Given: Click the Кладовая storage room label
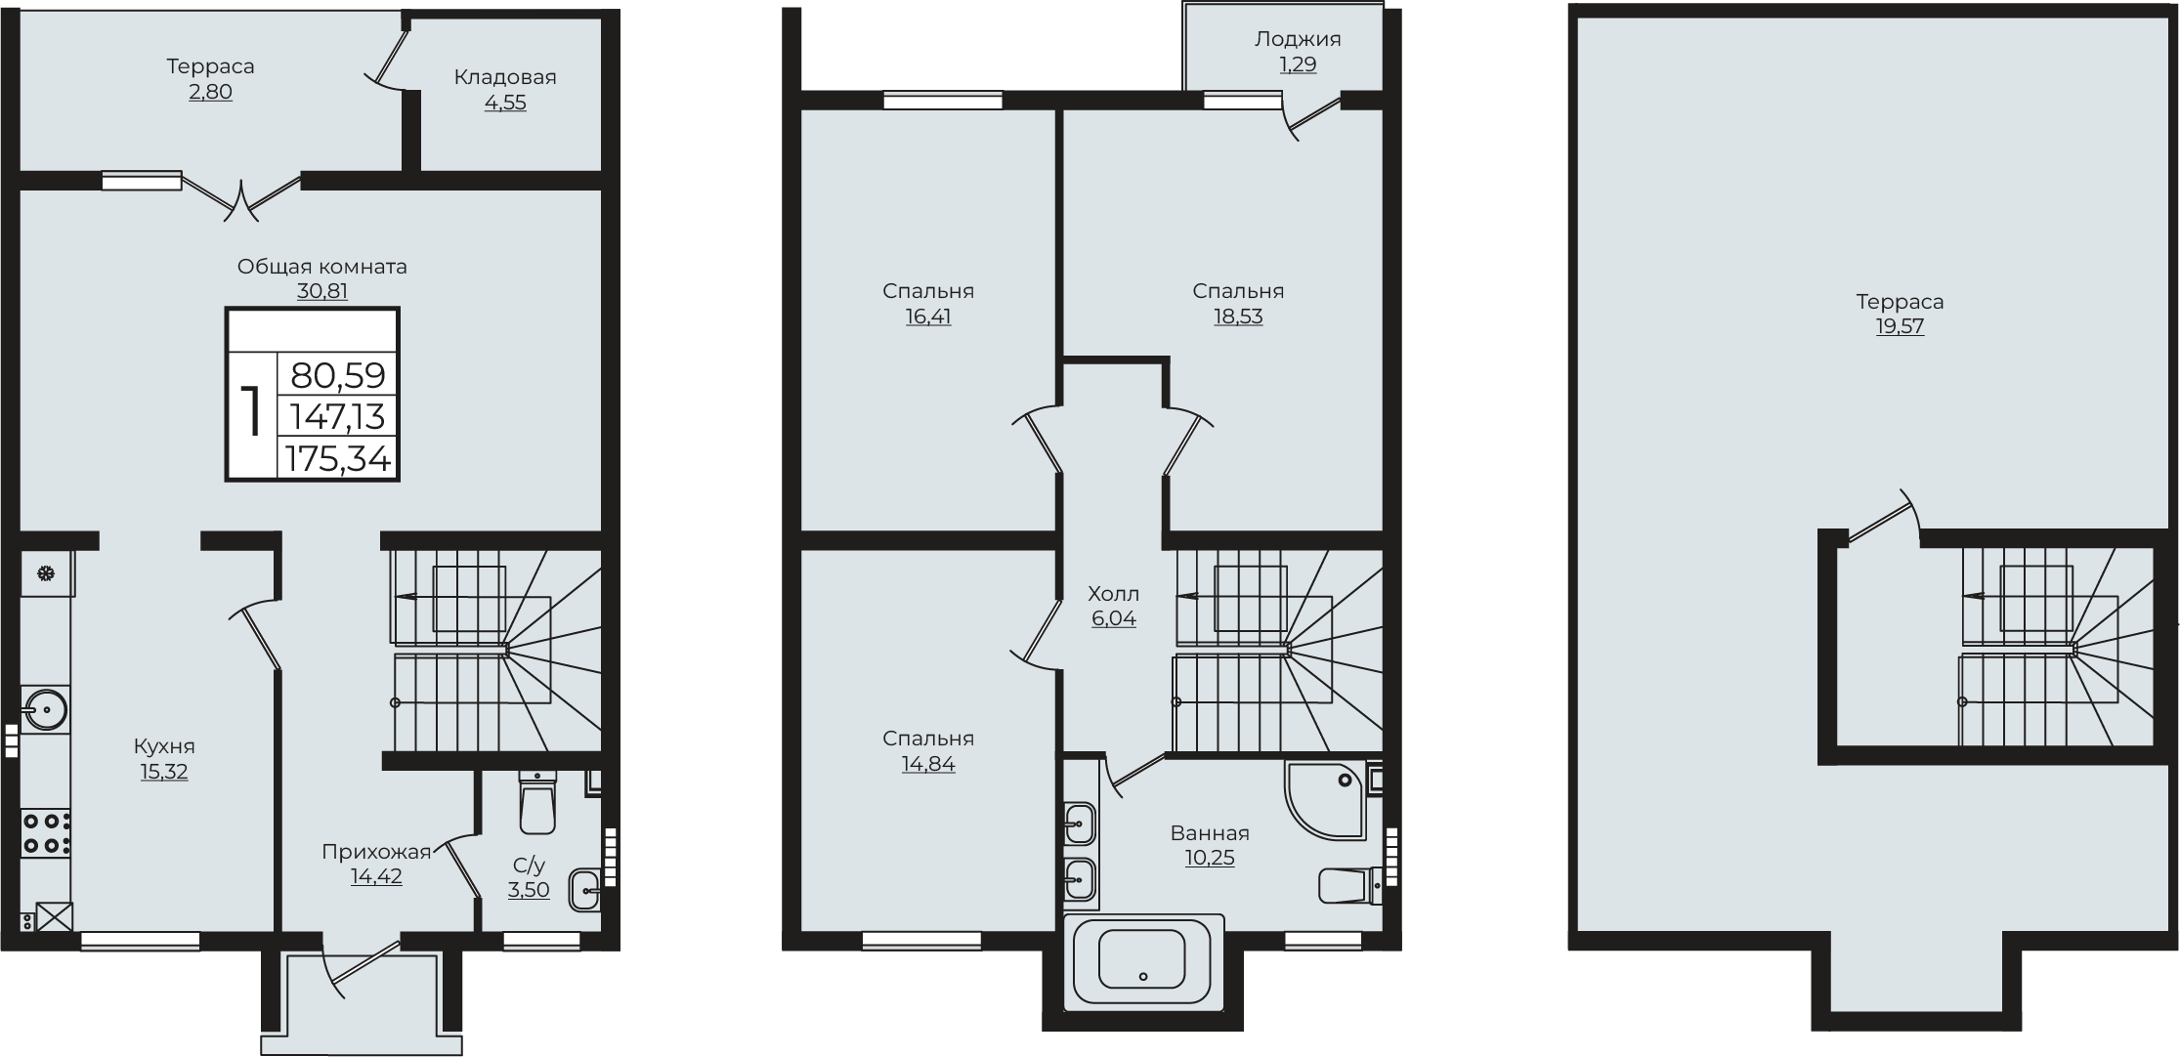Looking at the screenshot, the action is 504,77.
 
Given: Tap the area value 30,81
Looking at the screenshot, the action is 322,291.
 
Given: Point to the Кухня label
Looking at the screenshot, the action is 164,746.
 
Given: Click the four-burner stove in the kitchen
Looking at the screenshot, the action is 46,833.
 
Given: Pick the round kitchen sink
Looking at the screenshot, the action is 44,710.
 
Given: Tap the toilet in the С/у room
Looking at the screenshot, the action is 537,802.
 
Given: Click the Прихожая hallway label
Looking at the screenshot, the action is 376,852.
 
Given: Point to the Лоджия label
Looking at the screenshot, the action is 1298,39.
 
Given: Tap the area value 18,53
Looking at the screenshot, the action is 1238,317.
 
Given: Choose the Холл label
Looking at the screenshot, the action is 1114,593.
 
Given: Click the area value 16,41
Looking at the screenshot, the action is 928,317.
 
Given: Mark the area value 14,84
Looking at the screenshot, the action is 928,764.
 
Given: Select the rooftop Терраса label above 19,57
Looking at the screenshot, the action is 1900,301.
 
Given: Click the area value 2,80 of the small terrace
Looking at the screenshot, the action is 210,93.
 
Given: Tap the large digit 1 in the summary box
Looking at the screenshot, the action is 252,411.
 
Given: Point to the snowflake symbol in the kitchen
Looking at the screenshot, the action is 45,573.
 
